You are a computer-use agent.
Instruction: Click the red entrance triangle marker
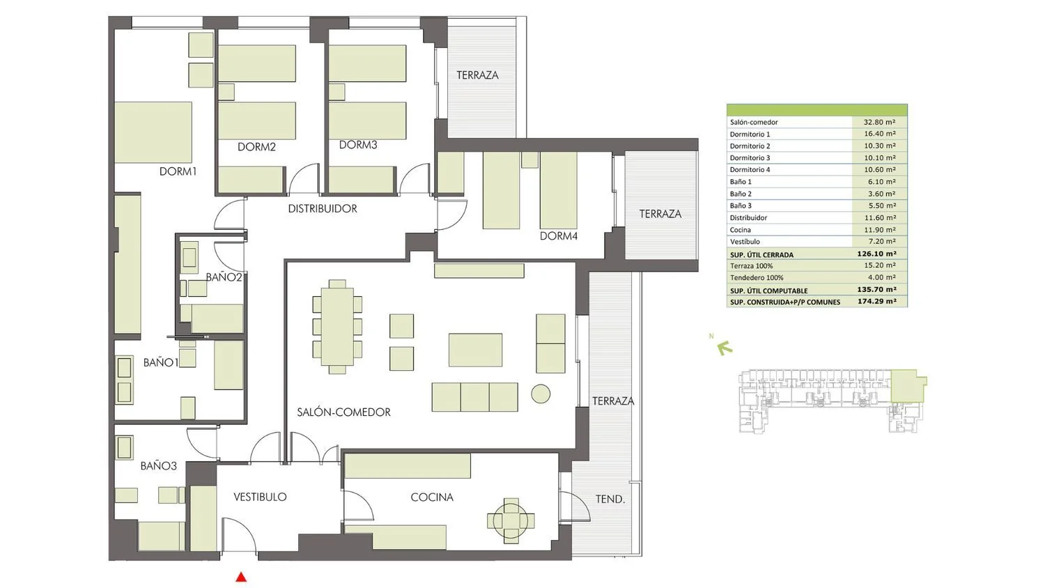[241, 578]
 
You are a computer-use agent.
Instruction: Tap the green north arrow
[724, 348]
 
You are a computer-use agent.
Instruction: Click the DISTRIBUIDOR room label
[323, 208]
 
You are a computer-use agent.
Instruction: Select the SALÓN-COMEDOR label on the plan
[344, 412]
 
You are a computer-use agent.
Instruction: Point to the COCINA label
[432, 497]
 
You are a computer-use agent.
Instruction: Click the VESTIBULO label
[260, 497]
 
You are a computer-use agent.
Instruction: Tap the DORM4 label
[559, 236]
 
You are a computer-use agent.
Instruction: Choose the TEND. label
[610, 500]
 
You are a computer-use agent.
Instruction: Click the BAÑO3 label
[159, 466]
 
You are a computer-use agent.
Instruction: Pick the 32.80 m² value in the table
[879, 122]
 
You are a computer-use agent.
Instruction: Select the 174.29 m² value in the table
[877, 302]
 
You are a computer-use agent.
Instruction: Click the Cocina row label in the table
[741, 230]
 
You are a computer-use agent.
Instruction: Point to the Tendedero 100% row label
[756, 278]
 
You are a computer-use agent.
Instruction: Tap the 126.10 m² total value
[877, 254]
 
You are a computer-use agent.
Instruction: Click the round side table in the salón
[541, 394]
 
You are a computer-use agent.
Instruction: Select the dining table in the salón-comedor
[337, 327]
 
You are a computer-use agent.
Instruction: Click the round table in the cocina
[511, 521]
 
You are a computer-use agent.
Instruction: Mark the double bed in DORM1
[153, 132]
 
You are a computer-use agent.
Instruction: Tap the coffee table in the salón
[475, 350]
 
